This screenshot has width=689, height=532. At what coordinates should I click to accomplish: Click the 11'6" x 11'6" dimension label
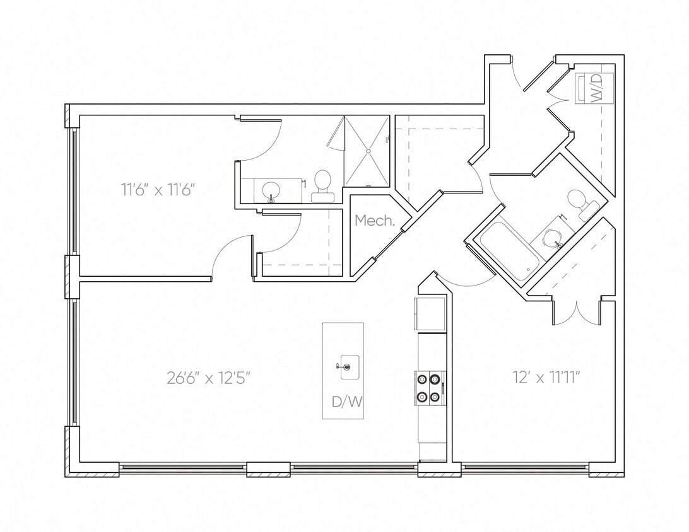(x=162, y=189)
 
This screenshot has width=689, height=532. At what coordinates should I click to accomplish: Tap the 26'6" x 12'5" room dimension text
(x=209, y=378)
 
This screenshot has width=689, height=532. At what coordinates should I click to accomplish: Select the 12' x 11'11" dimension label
(x=546, y=378)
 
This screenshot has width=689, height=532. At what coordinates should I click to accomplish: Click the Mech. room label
(x=375, y=221)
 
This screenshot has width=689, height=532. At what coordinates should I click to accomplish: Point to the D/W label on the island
(x=347, y=402)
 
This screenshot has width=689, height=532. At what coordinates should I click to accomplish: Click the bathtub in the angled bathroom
(x=510, y=251)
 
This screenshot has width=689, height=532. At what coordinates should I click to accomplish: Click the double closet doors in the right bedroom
(x=575, y=313)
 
